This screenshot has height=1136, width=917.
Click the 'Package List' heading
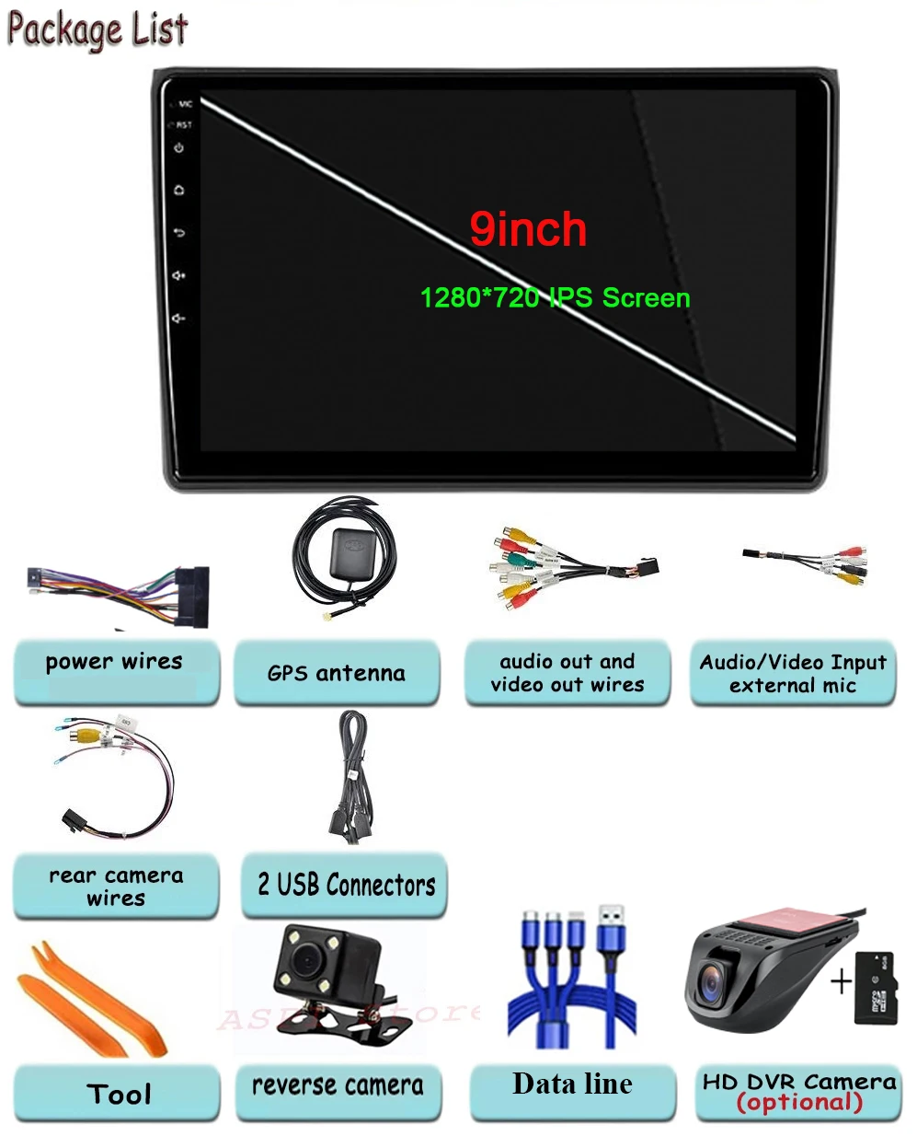pos(97,29)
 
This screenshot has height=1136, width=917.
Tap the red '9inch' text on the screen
pos(528,229)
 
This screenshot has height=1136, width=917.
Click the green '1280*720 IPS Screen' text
pos(555,298)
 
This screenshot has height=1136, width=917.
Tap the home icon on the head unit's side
pos(179,191)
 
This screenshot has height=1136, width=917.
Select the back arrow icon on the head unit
pos(179,233)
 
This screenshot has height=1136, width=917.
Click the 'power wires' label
pos(115,662)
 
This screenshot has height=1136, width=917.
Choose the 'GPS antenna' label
pos(336,674)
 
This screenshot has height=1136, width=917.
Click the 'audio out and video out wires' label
pos(567,673)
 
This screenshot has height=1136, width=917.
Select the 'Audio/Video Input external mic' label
pos(793,674)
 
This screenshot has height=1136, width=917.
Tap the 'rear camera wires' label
pos(116,887)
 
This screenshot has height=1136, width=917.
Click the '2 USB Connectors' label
pos(346,886)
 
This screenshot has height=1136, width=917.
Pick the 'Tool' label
pos(119,1095)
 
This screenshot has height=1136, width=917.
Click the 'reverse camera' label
pos(338,1085)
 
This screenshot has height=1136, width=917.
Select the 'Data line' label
pos(572,1084)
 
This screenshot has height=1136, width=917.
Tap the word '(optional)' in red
pos(799,1103)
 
